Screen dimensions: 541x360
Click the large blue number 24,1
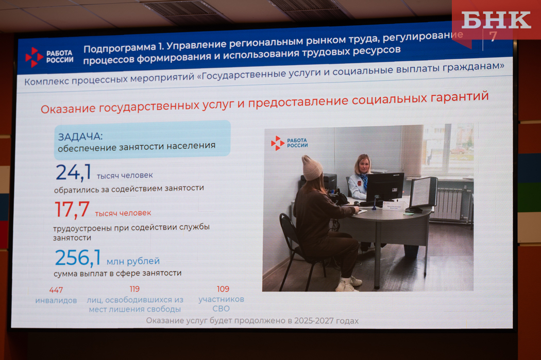pos(74,172)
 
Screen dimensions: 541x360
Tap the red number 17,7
pos(72,210)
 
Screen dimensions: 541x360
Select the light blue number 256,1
pos(78,258)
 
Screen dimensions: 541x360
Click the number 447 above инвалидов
pos(56,290)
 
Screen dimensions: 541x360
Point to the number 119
pos(134,289)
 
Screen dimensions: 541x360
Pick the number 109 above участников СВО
pos(223,288)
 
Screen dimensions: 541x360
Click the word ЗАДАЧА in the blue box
pos(80,137)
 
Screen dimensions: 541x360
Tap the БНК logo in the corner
pos(496,21)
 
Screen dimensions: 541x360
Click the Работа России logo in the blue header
pos(49,57)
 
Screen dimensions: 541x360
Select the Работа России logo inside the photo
pos(289,143)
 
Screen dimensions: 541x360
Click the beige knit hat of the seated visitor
pos(312,168)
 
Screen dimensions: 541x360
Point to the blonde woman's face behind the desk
pos(363,166)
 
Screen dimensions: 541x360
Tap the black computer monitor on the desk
pos(385,187)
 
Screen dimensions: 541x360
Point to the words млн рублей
pos(133,262)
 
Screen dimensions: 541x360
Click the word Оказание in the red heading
pos(68,109)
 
